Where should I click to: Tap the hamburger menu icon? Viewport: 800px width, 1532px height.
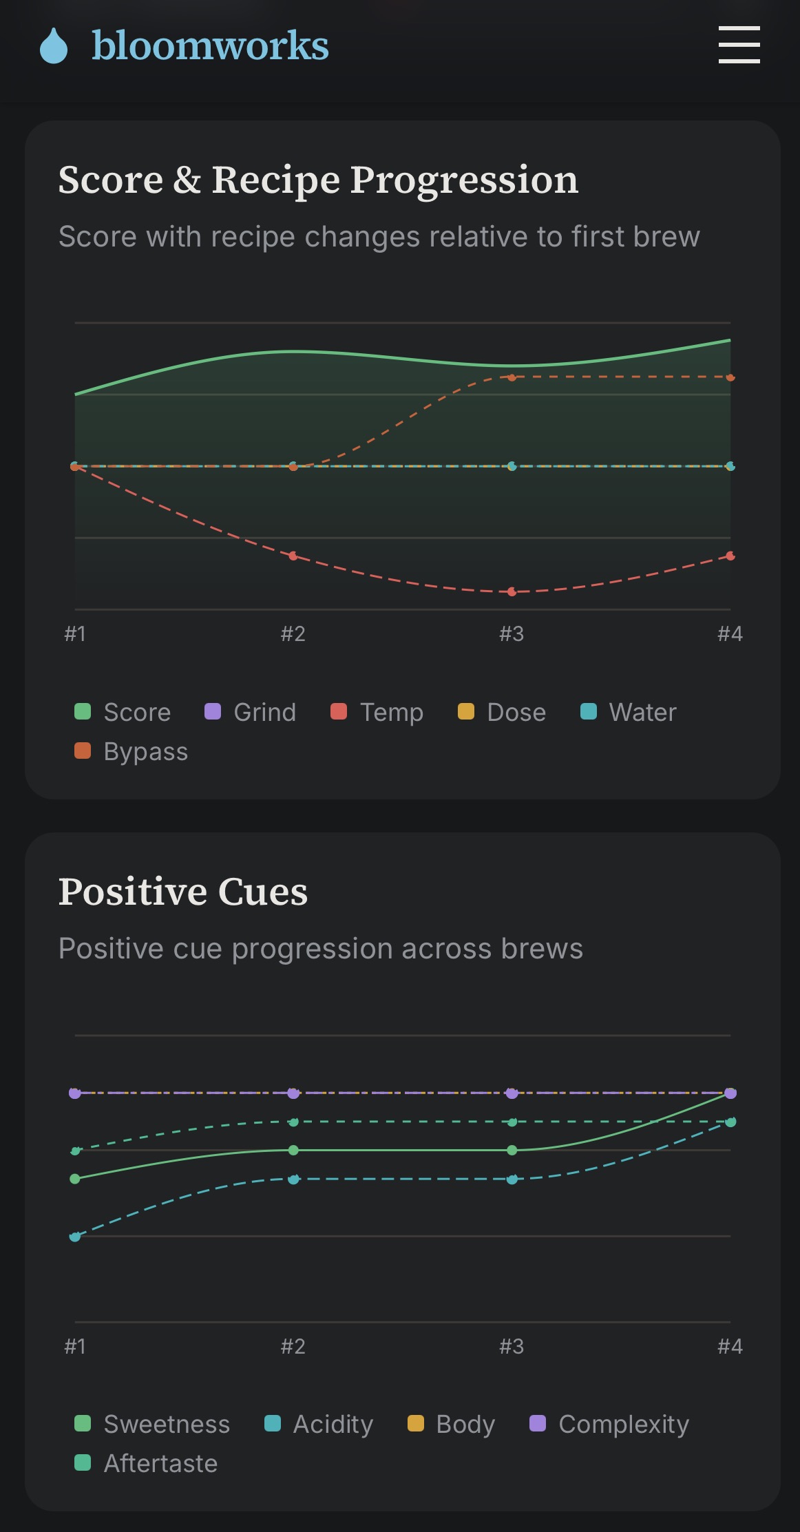[739, 45]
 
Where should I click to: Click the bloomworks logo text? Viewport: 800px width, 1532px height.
[210, 45]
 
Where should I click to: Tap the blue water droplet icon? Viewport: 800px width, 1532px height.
[54, 45]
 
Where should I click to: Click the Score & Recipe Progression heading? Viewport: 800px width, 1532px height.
[318, 180]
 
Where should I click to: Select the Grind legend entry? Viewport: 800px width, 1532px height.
[251, 712]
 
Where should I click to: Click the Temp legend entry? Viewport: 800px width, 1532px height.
[377, 712]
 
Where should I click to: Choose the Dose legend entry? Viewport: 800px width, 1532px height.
[502, 712]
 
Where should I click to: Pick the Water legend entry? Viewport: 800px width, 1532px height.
[629, 712]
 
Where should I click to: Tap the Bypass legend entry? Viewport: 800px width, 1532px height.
[131, 751]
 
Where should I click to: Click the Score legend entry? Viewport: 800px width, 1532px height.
[123, 712]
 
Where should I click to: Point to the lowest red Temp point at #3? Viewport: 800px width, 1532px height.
[512, 591]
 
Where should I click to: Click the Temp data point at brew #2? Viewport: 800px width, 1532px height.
[293, 556]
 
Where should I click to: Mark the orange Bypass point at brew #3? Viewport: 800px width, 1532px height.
[512, 377]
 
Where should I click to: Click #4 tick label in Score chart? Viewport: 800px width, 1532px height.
[730, 633]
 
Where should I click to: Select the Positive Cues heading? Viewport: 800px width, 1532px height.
[183, 892]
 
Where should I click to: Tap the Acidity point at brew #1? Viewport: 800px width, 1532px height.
[75, 1237]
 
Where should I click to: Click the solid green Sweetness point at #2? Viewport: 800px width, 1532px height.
[293, 1150]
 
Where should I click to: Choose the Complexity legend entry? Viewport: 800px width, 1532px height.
[609, 1424]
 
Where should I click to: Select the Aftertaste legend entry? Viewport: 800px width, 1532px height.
[146, 1463]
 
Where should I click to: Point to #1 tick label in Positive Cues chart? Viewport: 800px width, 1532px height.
[75, 1346]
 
